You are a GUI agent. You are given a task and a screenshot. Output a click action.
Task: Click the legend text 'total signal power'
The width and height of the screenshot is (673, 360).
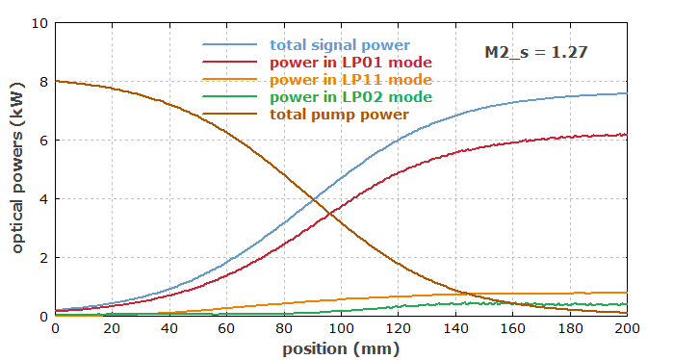pyautogui.click(x=340, y=45)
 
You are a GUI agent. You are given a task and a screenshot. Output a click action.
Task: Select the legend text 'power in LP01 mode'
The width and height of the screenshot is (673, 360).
pyautogui.click(x=350, y=63)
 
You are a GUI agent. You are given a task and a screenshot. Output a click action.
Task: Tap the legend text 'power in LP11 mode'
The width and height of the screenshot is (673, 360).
pyautogui.click(x=350, y=79)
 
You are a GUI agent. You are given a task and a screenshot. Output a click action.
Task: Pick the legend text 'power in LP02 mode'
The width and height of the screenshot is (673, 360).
pyautogui.click(x=350, y=96)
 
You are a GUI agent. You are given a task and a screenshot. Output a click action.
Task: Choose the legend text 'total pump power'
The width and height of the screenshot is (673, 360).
pyautogui.click(x=339, y=115)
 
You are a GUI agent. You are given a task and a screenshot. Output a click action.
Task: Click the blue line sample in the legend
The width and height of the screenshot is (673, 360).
pyautogui.click(x=229, y=44)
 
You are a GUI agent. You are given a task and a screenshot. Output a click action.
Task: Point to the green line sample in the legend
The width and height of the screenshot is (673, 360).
pyautogui.click(x=229, y=96)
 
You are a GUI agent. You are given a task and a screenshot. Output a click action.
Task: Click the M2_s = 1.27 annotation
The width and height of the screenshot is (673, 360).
pyautogui.click(x=535, y=52)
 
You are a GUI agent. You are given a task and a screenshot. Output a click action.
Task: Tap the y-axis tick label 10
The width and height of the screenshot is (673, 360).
pyautogui.click(x=39, y=23)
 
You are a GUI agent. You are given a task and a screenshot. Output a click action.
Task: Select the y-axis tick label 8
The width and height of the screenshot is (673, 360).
pyautogui.click(x=43, y=82)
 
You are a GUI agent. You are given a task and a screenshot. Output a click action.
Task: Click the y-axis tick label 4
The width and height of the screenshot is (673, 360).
pyautogui.click(x=43, y=199)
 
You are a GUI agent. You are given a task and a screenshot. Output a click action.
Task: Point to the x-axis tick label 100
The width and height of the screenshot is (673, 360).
pyautogui.click(x=341, y=328)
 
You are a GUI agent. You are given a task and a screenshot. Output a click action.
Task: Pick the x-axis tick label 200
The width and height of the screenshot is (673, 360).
pyautogui.click(x=627, y=328)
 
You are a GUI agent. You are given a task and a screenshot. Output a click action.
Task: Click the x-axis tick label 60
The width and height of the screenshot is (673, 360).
pyautogui.click(x=226, y=328)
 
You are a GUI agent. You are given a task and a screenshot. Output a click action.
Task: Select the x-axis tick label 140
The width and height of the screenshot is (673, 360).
pyautogui.click(x=455, y=328)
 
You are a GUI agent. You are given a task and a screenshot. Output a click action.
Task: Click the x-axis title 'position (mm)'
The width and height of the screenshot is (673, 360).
pyautogui.click(x=341, y=348)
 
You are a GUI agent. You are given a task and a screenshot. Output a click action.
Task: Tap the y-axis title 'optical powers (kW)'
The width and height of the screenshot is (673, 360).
pyautogui.click(x=17, y=168)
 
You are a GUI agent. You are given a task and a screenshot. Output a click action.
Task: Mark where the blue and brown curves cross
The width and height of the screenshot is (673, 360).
pyautogui.click(x=313, y=199)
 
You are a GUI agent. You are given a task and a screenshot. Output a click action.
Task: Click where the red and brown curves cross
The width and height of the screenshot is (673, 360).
pyautogui.click(x=329, y=214)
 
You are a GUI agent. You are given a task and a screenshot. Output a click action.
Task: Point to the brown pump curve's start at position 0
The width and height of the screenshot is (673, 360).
pyautogui.click(x=56, y=81)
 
